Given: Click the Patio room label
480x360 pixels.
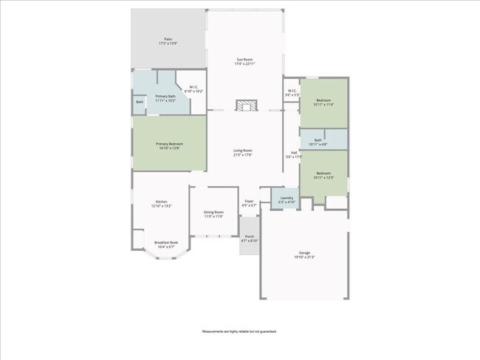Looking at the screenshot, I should (x=168, y=41).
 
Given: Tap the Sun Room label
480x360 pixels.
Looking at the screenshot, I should (x=244, y=61).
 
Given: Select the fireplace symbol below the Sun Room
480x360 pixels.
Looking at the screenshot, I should (x=245, y=105).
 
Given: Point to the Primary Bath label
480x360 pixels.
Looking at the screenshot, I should (x=165, y=98).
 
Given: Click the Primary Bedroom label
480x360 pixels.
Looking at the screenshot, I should (x=169, y=146).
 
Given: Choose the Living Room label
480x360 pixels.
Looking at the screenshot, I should (x=243, y=153).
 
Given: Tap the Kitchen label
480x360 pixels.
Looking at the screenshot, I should (x=161, y=204).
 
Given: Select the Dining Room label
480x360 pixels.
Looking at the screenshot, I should (x=213, y=215).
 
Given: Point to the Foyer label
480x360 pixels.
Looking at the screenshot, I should (x=250, y=203).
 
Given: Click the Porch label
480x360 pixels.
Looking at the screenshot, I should (x=250, y=238).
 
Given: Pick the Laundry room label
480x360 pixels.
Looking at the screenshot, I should (x=287, y=199).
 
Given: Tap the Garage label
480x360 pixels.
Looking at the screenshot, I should (x=304, y=255).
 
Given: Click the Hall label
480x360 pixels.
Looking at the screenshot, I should (x=294, y=154).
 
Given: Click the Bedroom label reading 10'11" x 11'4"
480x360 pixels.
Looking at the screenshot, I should (x=323, y=103).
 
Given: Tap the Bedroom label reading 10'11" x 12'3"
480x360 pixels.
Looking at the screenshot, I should (x=323, y=176).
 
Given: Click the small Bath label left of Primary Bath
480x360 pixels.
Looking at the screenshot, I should (x=139, y=102).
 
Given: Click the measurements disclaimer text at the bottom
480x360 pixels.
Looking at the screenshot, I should (x=239, y=332).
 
